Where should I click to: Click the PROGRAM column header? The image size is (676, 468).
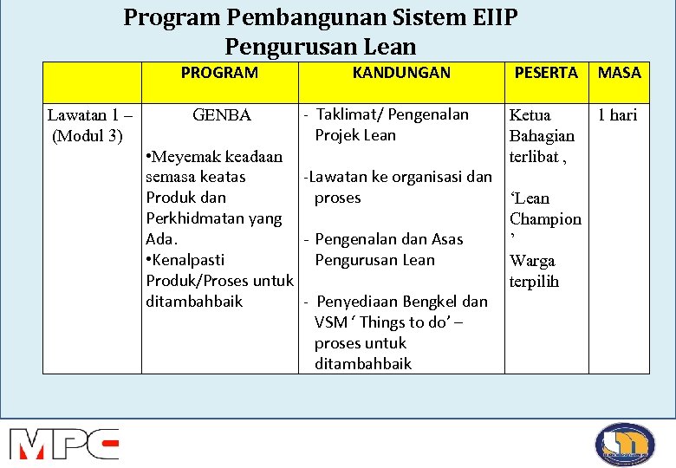219,73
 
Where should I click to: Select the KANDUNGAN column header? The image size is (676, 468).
401,73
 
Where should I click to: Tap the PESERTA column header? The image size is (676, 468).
546,73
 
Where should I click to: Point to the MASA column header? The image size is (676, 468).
620,73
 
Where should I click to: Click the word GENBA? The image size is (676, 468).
222,115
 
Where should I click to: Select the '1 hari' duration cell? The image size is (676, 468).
617,115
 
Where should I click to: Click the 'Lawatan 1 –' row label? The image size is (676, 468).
90,115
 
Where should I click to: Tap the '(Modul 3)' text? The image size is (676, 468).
88,136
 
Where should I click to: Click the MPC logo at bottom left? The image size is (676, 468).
64,443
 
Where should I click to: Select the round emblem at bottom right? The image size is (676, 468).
625,444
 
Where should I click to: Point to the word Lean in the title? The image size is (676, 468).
389,47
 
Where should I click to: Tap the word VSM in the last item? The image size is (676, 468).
331,322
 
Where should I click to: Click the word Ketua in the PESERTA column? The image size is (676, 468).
530,115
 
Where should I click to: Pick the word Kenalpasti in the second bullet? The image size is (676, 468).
188,260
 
